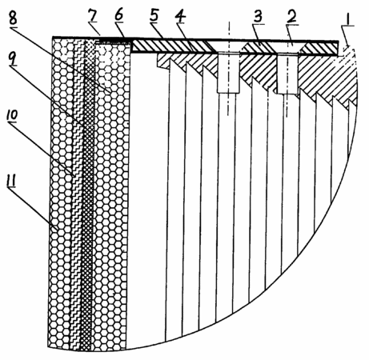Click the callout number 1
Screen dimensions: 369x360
[x=347, y=18]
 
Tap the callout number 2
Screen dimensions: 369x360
[x=291, y=17]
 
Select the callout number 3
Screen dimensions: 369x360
[x=258, y=17]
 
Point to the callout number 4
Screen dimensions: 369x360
[x=180, y=17]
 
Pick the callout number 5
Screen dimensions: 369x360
[x=154, y=17]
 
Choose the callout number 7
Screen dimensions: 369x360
[x=92, y=17]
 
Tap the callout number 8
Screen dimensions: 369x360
[x=13, y=18]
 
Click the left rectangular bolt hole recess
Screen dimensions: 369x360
[x=227, y=73]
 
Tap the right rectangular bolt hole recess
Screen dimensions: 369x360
[x=287, y=74]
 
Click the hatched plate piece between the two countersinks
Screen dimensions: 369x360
[x=258, y=48]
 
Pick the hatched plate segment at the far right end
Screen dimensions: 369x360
[x=319, y=48]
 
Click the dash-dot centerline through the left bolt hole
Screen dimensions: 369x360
[x=228, y=69]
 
